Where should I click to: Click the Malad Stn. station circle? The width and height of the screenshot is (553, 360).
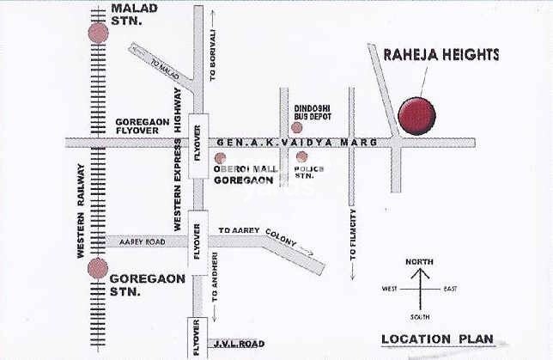(99, 33)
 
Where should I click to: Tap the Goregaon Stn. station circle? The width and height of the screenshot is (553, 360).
(98, 267)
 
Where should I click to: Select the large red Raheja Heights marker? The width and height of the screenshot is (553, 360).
(416, 116)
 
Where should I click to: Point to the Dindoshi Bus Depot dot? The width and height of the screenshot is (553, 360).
(297, 127)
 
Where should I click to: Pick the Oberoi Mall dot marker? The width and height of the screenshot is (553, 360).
(221, 158)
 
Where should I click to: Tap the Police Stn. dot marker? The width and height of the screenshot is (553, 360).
(301, 157)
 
